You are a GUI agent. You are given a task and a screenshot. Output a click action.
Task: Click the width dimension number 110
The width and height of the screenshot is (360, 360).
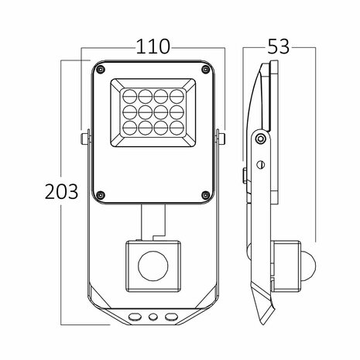click(153, 46)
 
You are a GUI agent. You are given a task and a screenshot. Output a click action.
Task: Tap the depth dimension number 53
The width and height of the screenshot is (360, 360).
click(279, 46)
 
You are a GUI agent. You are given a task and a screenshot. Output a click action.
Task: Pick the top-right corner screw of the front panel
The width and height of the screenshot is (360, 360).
click(205, 70)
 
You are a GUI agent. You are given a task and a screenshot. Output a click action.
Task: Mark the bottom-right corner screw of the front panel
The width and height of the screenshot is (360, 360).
click(205, 194)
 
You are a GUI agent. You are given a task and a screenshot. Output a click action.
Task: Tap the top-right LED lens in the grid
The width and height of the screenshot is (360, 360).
click(177, 96)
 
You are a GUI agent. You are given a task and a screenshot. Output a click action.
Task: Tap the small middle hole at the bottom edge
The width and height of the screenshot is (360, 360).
click(153, 317)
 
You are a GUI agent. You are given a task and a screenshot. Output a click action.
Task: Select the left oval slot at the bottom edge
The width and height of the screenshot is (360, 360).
click(136, 317)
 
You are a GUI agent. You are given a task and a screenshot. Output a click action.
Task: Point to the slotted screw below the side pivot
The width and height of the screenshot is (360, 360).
click(261, 164)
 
